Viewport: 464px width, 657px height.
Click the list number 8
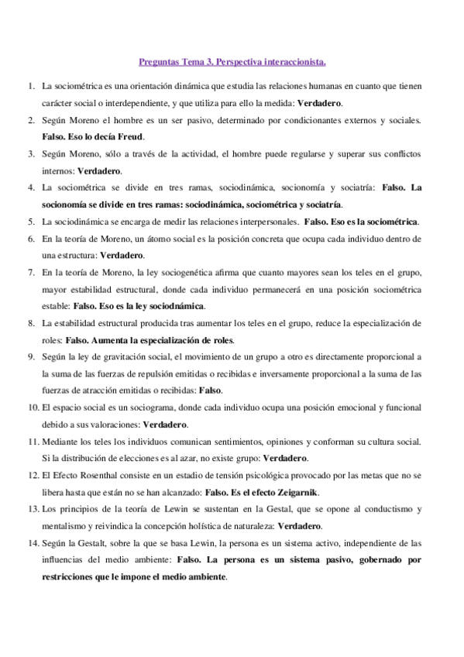tap(30, 322)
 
